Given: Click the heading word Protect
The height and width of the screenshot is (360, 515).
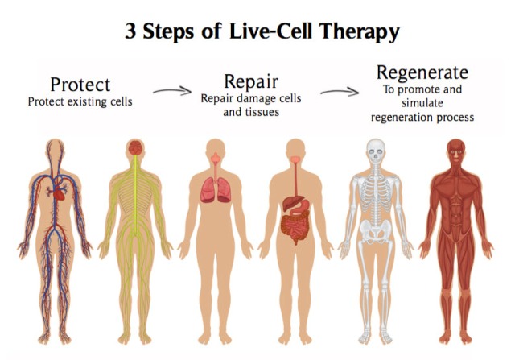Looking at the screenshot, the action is click(x=80, y=85).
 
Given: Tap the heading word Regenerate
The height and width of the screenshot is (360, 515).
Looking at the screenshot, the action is click(x=422, y=73).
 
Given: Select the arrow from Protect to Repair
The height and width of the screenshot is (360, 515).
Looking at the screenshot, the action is click(x=172, y=91).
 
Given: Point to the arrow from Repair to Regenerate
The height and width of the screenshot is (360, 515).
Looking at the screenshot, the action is click(x=340, y=92).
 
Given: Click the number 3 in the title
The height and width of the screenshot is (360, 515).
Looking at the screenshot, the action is click(x=130, y=31).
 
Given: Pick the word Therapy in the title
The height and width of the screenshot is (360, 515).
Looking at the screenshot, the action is click(x=360, y=32).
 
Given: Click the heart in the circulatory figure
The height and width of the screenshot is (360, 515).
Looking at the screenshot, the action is click(x=59, y=193).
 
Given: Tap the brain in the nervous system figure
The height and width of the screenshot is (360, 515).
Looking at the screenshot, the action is click(x=135, y=147).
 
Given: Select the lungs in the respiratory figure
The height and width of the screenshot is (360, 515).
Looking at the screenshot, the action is click(x=216, y=190).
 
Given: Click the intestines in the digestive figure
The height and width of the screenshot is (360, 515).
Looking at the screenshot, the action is click(x=295, y=227).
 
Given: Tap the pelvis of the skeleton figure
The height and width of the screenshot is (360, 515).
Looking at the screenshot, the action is click(x=376, y=231).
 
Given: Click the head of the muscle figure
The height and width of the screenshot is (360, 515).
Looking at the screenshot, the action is click(x=456, y=152).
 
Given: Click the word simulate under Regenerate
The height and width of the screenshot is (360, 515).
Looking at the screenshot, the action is click(x=422, y=103).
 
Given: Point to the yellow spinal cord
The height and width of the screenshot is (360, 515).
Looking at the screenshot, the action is click(x=135, y=194).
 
